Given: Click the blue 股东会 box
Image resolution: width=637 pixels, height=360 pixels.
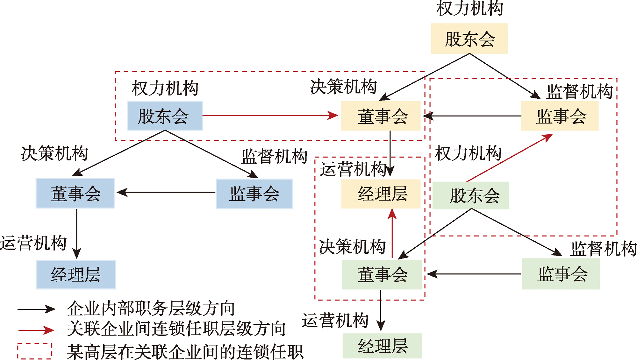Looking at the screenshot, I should (x=165, y=116).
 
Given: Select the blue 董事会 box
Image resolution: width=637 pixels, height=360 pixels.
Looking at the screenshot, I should (x=75, y=193).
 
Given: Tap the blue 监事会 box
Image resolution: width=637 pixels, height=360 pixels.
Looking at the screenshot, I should (x=254, y=194).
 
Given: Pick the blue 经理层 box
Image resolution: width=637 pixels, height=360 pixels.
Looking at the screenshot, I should (x=76, y=274).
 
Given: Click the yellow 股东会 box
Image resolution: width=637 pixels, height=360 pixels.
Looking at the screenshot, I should (x=469, y=39).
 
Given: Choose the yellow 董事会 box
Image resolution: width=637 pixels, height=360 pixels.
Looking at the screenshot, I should (x=381, y=116).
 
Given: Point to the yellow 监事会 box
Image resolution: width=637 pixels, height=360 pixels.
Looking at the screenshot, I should (x=560, y=116).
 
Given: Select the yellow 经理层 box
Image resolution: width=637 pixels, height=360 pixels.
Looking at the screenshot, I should (x=381, y=194).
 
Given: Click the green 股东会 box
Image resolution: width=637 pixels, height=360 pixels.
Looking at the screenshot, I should (x=471, y=195).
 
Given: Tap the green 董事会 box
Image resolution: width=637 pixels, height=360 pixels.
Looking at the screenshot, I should (x=382, y=274).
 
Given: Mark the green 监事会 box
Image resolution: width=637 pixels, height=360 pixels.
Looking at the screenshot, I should (x=561, y=274).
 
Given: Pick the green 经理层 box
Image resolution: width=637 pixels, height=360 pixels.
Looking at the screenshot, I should (x=382, y=346).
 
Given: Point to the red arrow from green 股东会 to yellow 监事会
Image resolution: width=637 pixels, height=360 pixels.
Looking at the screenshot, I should (x=510, y=158).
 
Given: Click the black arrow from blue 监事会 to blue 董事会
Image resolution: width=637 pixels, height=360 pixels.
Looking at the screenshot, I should (x=166, y=192).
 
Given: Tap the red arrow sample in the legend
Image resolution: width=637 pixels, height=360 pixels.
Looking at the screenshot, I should (x=36, y=330).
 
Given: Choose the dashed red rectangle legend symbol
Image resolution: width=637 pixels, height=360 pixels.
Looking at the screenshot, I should (x=35, y=351).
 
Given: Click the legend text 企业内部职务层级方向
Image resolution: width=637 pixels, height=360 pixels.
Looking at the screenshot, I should (x=151, y=308).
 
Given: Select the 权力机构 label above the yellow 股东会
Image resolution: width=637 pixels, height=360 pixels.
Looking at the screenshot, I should (x=469, y=8).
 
